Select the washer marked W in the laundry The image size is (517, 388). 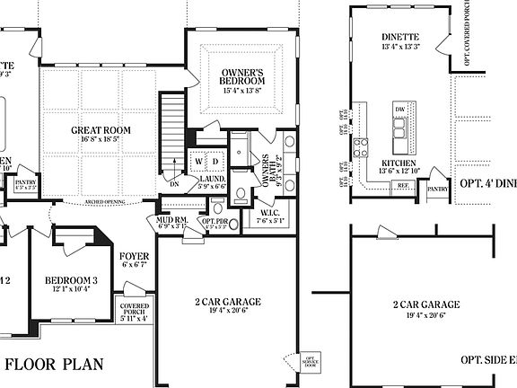pos(200,161)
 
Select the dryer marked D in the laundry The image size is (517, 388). pos(215,161)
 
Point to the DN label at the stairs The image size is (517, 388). pos(175,182)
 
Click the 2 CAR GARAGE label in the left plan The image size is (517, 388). pos(228,303)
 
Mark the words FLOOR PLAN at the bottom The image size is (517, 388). pos(56,365)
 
